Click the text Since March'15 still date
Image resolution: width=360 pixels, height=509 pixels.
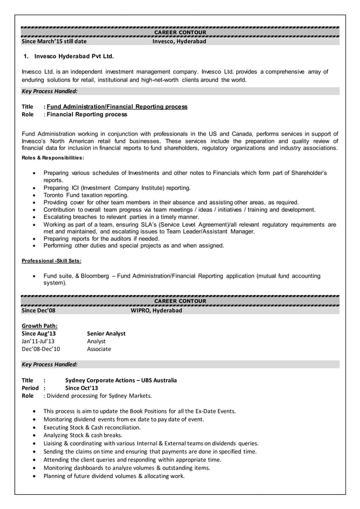pos(54,41)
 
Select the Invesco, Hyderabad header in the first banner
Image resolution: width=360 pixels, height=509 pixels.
pos(179,41)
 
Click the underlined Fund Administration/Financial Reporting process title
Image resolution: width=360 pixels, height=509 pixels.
pos(117,106)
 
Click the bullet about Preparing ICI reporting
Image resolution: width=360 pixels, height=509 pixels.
pos(117,187)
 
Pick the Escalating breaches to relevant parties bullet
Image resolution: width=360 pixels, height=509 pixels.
pos(121,217)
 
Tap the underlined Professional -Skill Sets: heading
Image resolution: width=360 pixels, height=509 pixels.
pos(51,261)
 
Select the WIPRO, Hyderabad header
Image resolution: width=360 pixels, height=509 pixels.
pos(156,310)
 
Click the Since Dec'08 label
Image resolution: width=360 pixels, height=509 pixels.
pos(38,310)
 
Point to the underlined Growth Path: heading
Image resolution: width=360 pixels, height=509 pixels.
pos(39,326)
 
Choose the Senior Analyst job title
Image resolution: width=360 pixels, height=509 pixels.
pos(106,334)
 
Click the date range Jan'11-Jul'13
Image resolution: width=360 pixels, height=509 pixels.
pos(38,341)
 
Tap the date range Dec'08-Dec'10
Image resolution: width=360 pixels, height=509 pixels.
pos(41,349)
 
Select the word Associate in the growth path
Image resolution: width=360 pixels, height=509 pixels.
pos(99,349)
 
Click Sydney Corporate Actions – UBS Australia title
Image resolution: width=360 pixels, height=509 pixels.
pos(121,380)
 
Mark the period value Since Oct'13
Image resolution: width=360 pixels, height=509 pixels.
pos(82,388)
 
